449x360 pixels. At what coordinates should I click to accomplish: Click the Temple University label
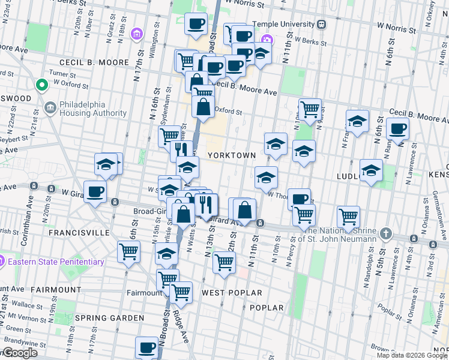[x=284, y=24]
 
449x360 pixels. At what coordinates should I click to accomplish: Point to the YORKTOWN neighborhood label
[x=232, y=155]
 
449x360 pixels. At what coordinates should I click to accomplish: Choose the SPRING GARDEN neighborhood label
[x=109, y=317]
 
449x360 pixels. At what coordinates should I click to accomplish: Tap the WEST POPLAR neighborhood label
[x=232, y=293]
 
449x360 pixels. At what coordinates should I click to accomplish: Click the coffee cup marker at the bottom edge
[x=146, y=347]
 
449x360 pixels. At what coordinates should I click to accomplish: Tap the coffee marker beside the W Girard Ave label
[x=95, y=192]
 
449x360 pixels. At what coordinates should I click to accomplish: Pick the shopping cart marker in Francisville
[x=128, y=252]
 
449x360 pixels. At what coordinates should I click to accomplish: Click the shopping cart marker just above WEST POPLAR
[x=224, y=262]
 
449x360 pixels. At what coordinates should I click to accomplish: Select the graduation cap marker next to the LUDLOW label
[x=371, y=170]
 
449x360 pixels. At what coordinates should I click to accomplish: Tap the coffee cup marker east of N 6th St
[x=397, y=128]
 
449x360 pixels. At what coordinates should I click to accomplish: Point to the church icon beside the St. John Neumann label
[x=386, y=233]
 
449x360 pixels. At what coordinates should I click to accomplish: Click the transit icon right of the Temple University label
[x=322, y=24]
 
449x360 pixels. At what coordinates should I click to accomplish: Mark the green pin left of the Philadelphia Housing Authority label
[x=42, y=85]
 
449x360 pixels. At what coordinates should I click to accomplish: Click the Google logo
[x=19, y=353]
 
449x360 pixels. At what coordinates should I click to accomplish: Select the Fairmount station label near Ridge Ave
[x=145, y=293]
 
